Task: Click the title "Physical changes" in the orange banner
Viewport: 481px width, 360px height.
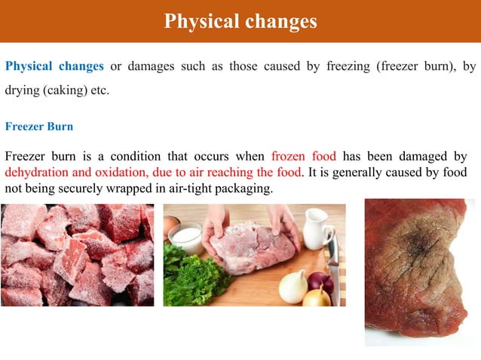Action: click(240, 22)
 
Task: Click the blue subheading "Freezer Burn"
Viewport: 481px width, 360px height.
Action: click(39, 127)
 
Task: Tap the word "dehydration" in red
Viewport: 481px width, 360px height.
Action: click(37, 172)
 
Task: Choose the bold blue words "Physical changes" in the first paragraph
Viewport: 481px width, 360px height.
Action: click(54, 66)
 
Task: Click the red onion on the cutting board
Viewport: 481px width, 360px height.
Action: click(320, 284)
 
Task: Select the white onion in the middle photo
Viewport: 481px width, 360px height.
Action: click(293, 286)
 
